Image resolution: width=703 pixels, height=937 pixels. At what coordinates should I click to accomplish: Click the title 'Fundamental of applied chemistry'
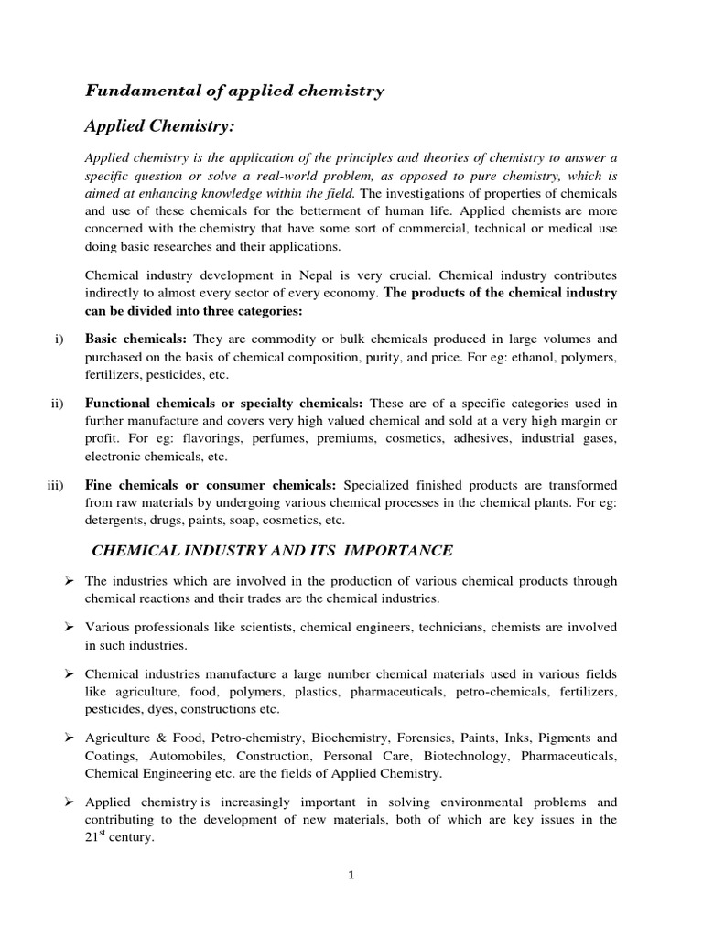pyautogui.click(x=234, y=91)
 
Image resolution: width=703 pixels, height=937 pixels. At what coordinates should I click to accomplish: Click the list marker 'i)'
pyautogui.click(x=59, y=338)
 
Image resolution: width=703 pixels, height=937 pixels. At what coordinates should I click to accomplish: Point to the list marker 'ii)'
pyautogui.click(x=57, y=402)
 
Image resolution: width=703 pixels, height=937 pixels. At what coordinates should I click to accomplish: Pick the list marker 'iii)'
pyautogui.click(x=55, y=484)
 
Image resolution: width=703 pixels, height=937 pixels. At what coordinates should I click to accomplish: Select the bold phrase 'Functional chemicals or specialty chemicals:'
pyautogui.click(x=224, y=402)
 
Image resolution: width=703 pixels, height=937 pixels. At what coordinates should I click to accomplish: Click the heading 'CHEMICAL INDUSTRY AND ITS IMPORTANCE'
pyautogui.click(x=271, y=550)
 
